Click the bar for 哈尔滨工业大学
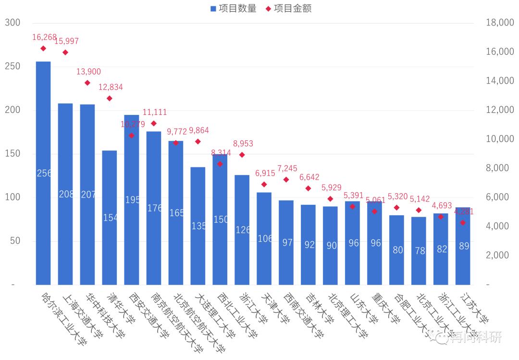[x=43, y=173]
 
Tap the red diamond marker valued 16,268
[x=43, y=49]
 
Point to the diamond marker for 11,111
[x=154, y=124]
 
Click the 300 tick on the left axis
[x=12, y=23]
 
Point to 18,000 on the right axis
[x=499, y=23]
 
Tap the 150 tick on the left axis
[x=12, y=154]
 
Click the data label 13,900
[x=88, y=72]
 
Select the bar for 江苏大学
[x=463, y=246]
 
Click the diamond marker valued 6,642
[x=309, y=188]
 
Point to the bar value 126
[x=243, y=230]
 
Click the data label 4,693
[x=442, y=206]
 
